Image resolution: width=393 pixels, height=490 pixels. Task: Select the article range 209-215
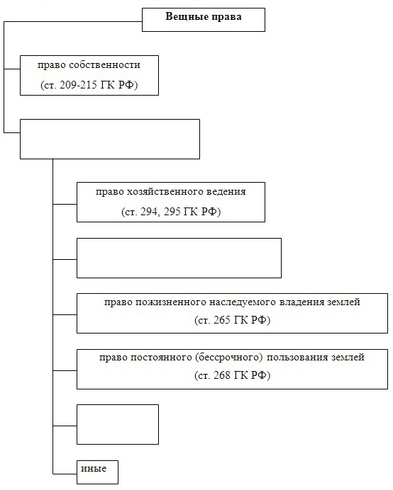click(78, 85)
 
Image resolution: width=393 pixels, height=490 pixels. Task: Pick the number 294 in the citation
click(148, 212)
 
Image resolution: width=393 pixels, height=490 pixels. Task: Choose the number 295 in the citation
click(172, 212)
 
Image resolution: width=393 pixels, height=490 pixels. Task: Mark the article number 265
click(222, 320)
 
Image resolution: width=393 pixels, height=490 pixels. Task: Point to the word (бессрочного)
click(229, 357)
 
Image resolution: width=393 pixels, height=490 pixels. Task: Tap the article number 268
click(222, 375)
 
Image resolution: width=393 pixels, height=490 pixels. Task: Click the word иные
click(94, 469)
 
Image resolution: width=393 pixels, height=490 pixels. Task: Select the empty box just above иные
click(118, 424)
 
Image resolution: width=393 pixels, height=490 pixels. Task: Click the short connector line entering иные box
click(65, 474)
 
